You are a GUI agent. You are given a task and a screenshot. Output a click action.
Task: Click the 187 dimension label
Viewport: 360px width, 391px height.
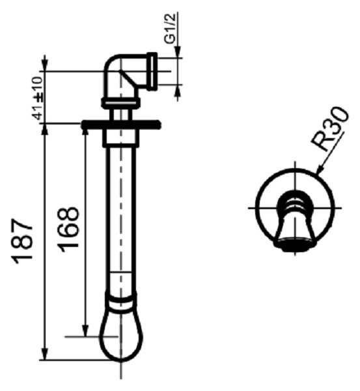(23, 241)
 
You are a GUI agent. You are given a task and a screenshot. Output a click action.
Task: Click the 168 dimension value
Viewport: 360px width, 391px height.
(68, 229)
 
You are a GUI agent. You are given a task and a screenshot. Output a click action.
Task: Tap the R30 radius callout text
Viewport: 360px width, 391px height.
(329, 130)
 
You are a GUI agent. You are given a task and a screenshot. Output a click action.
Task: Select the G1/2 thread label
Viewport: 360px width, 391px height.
(171, 28)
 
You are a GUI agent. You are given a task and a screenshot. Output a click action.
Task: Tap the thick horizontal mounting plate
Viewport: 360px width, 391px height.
(121, 124)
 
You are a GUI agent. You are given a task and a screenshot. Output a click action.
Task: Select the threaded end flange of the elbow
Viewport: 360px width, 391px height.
(152, 71)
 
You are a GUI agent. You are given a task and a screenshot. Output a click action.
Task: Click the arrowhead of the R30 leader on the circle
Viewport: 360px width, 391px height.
(320, 169)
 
